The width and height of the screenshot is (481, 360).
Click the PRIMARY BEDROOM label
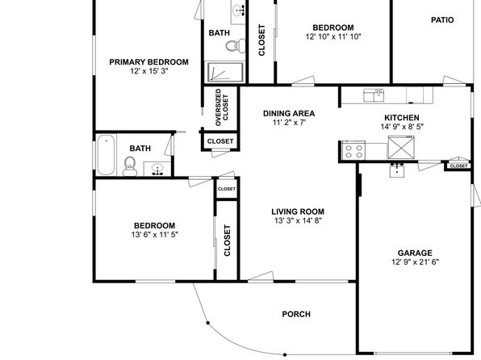click(148, 62)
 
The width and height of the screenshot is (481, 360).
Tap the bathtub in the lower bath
click(107, 155)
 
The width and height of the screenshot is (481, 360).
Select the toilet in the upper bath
click(236, 46)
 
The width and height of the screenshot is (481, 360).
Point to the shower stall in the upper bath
click(225, 72)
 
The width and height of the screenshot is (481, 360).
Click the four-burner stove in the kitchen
click(353, 150)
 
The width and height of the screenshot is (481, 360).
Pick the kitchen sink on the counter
click(374, 95)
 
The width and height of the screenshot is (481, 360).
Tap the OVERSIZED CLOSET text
click(222, 107)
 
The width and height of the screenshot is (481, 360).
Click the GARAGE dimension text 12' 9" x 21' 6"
click(415, 262)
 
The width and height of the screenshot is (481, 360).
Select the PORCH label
click(296, 314)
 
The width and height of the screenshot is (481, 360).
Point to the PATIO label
click(442, 20)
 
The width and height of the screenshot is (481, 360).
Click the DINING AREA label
click(289, 114)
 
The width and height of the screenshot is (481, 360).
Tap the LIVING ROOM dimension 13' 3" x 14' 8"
click(298, 220)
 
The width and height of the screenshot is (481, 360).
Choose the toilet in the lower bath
click(130, 166)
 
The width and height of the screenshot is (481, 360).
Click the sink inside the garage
click(397, 170)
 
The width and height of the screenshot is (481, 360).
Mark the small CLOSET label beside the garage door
click(458, 165)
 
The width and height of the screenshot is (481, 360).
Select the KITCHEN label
click(402, 118)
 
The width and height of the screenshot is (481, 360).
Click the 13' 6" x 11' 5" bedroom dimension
click(155, 235)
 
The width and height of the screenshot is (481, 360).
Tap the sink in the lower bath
click(157, 169)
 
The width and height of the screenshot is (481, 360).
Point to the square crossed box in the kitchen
click(401, 148)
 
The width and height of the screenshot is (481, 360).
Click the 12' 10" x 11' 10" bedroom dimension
click(333, 36)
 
